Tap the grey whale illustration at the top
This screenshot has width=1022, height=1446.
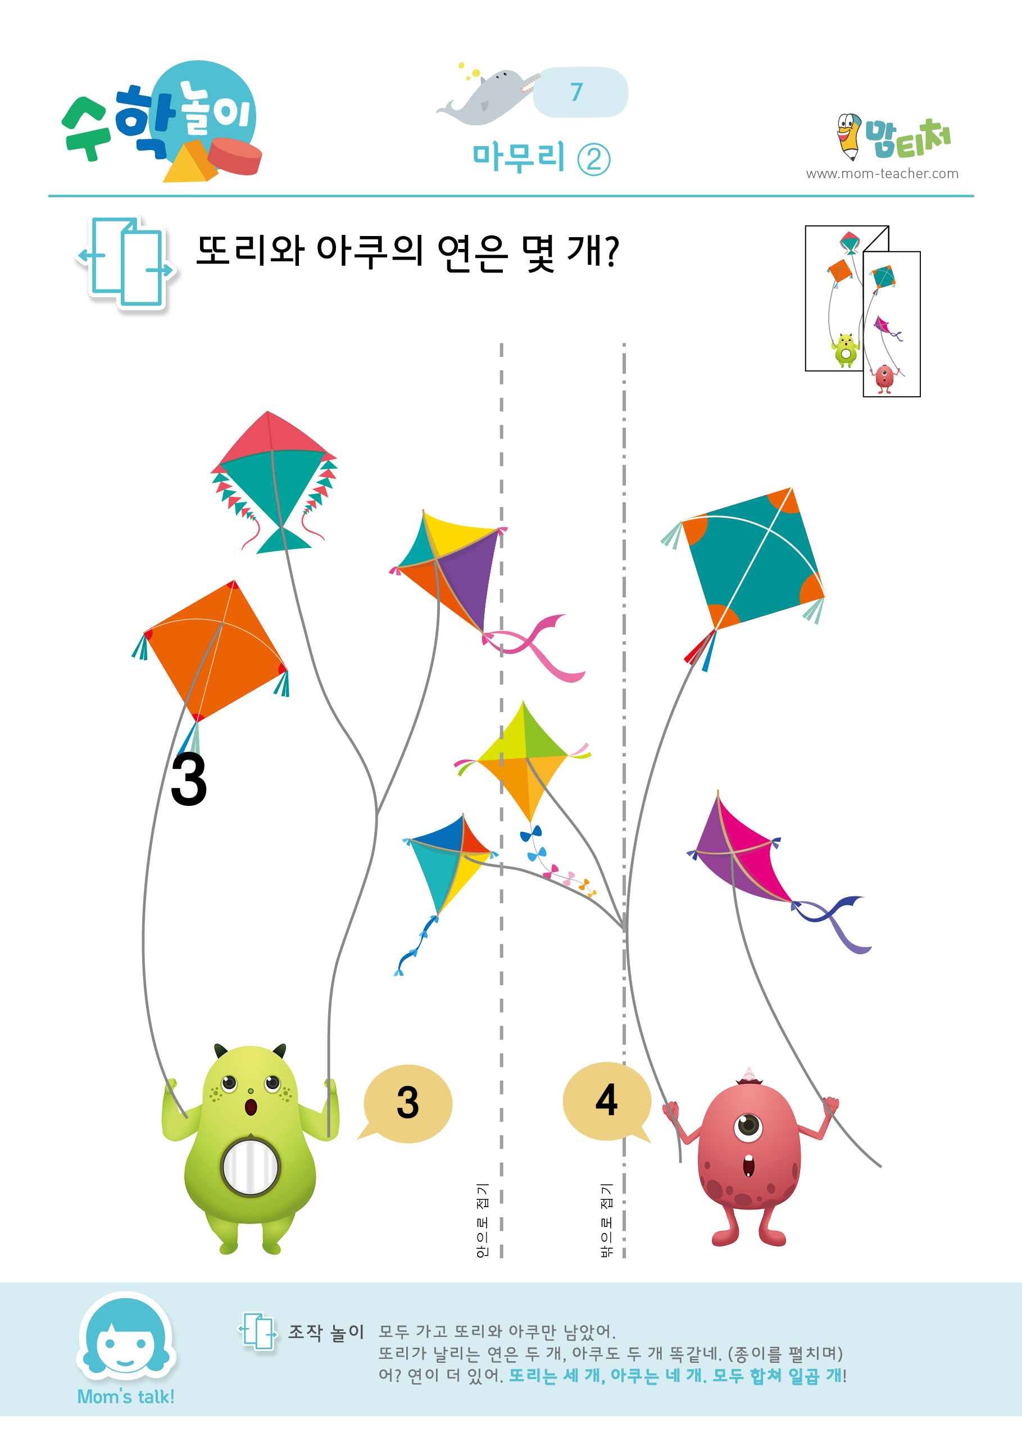click(x=488, y=96)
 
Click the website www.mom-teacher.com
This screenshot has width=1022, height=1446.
click(x=882, y=173)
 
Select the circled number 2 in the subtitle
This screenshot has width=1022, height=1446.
click(x=594, y=160)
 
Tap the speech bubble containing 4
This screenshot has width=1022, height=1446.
click(x=606, y=1102)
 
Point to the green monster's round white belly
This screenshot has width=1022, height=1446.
click(x=250, y=1167)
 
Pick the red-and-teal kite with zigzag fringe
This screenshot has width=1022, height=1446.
click(x=274, y=482)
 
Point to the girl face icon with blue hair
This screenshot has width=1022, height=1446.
click(x=126, y=1335)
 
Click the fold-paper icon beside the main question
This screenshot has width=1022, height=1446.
click(x=126, y=262)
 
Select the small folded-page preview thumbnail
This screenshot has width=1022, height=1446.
click(x=862, y=311)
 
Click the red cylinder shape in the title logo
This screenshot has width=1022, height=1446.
click(x=234, y=156)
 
